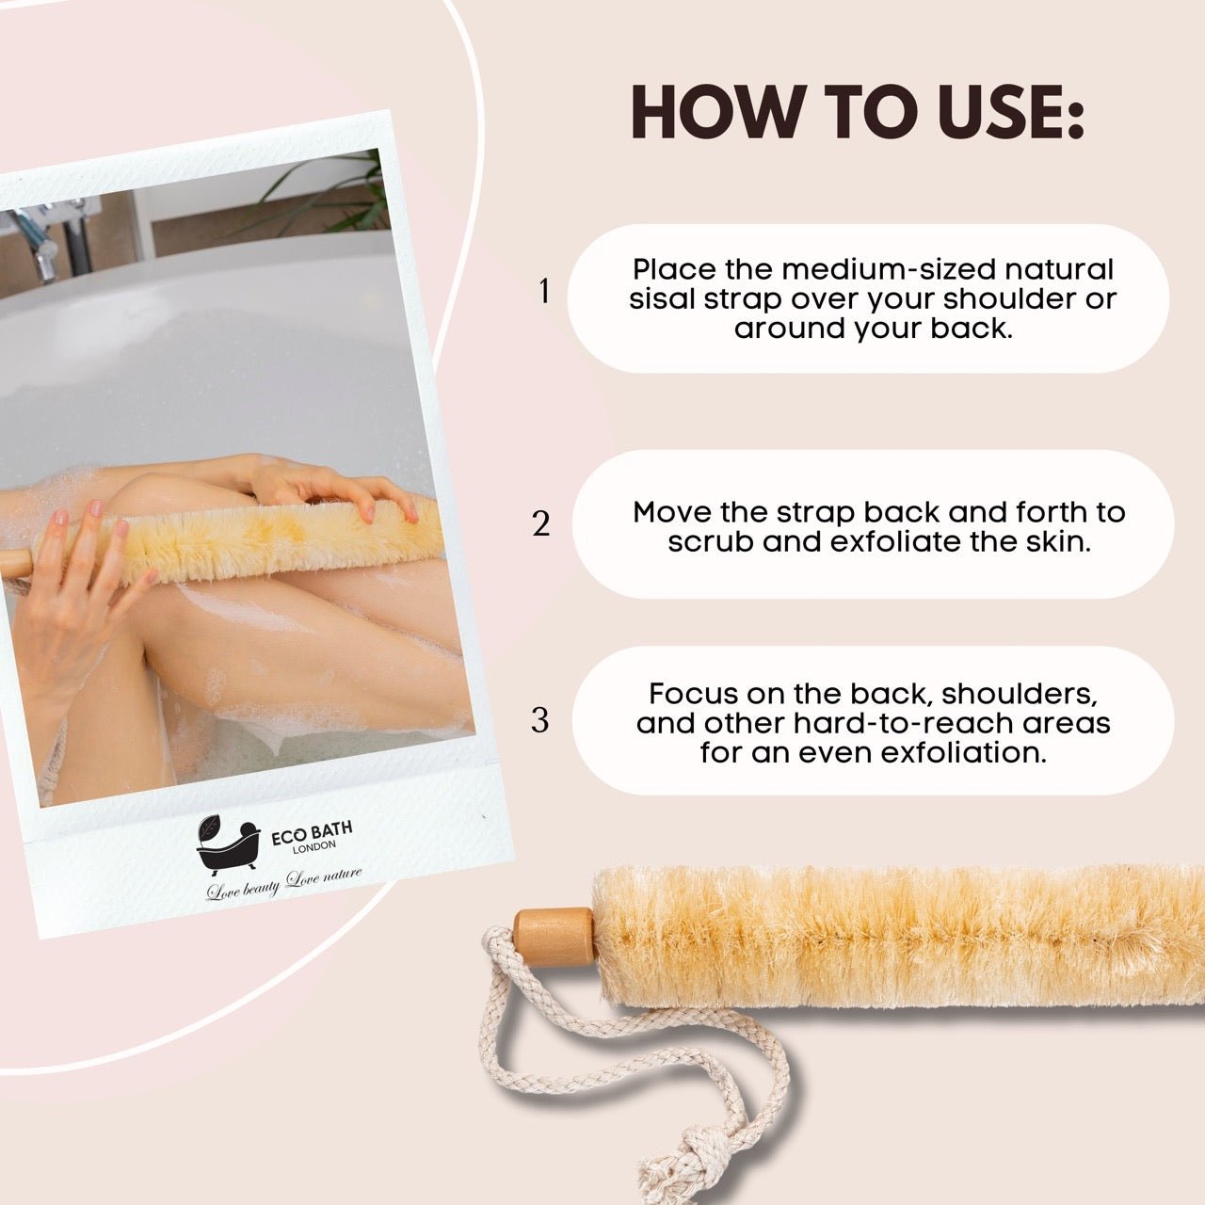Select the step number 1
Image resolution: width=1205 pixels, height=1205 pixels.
point(543,292)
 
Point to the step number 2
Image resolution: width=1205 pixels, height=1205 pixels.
point(540,523)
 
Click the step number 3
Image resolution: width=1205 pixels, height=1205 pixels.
point(539,720)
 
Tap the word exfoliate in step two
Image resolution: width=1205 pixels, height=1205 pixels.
point(899,542)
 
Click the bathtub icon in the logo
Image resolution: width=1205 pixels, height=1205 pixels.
point(227,843)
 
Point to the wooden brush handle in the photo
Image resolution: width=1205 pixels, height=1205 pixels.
point(14,562)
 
